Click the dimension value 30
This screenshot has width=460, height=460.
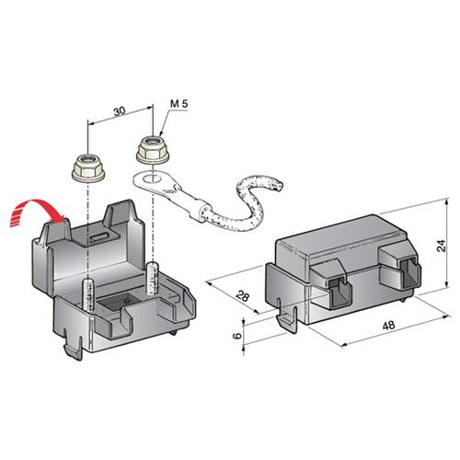[120, 111]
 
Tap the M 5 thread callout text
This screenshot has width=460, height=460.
[178, 103]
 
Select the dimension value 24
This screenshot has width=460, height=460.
[442, 246]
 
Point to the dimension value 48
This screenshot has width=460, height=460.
[389, 326]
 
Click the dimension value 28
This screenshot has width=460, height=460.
[243, 296]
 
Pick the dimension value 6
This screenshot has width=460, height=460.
[237, 335]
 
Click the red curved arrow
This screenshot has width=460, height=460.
[37, 212]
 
